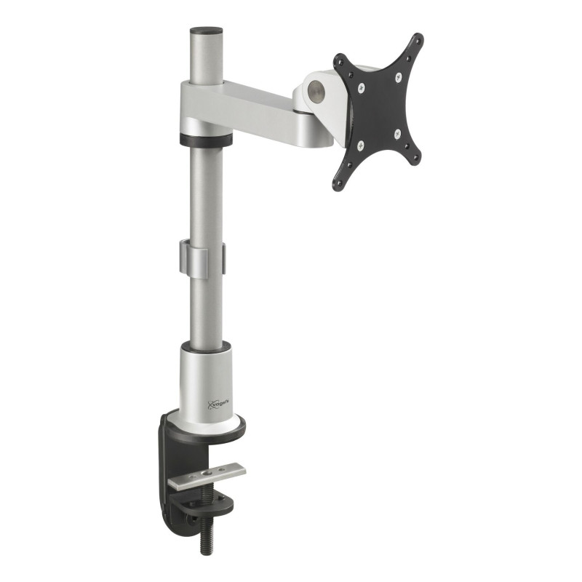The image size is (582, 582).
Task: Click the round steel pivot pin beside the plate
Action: pyautogui.click(x=315, y=90)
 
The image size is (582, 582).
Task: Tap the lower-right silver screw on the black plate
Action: pyautogui.click(x=397, y=133)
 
